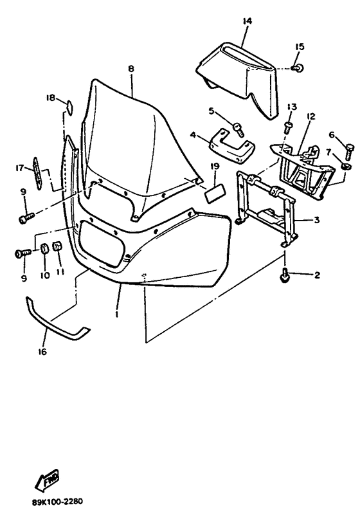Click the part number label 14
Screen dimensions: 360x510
247,21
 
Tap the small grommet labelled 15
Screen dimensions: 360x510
298,68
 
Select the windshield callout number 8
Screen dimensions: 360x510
131,69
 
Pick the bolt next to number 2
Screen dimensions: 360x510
285,275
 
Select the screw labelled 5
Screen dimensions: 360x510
238,129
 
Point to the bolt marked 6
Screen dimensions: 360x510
348,152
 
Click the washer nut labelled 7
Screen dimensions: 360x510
345,167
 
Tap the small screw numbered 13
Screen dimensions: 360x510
287,127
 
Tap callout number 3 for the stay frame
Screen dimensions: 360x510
316,220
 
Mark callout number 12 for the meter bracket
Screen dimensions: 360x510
310,116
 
